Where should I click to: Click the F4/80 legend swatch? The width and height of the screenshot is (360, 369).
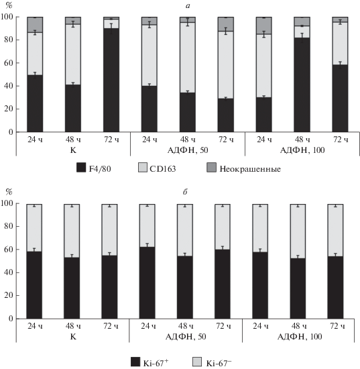pos(81,168)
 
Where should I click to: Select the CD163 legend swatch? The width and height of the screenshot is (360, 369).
pos(143,168)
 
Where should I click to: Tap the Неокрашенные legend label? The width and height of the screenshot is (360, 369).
pos(250,169)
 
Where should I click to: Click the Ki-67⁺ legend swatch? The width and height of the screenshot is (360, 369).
pos(135,362)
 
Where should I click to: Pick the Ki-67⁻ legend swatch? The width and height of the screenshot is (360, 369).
pos(197,362)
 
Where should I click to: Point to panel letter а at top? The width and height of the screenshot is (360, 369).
pos(188,6)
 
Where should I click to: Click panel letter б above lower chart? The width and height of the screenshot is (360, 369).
pos(185,192)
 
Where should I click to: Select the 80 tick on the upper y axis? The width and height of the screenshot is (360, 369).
pos(9,40)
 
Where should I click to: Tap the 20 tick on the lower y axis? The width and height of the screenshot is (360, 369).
pos(9,295)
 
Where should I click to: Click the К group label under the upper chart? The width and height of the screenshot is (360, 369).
pos(73,150)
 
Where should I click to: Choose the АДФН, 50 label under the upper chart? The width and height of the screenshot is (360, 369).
pos(188,150)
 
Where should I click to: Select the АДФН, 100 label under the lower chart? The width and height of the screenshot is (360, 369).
pos(300,337)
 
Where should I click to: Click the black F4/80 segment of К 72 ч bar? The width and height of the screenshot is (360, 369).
pos(111,80)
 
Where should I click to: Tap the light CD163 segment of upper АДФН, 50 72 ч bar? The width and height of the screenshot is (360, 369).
pos(225,65)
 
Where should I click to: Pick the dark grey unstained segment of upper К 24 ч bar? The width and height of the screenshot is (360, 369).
pos(35,25)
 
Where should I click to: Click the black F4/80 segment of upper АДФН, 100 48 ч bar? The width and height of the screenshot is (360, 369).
pos(302,85)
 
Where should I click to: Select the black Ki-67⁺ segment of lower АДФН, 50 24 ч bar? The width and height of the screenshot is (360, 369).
pos(147,283)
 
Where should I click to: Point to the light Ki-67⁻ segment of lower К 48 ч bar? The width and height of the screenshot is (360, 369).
pos(72,231)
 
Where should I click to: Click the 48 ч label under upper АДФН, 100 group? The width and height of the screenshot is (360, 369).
pos(302,140)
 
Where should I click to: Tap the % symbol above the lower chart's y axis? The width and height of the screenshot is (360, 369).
pos(9,192)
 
